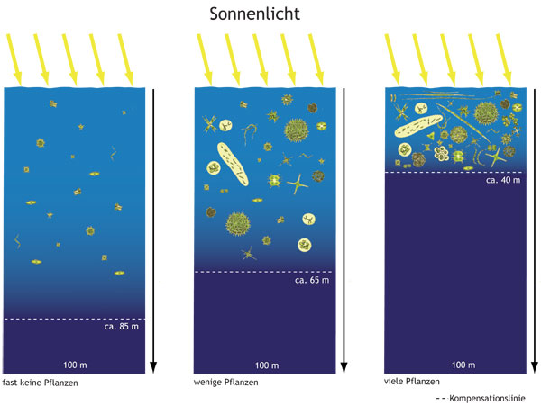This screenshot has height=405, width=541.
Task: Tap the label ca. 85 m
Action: (x=123, y=328)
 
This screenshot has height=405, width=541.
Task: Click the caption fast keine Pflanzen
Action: (x=41, y=384)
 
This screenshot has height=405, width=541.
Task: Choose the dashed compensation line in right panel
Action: (x=454, y=172)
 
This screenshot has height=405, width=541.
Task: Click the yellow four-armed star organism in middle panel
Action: (x=297, y=188)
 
